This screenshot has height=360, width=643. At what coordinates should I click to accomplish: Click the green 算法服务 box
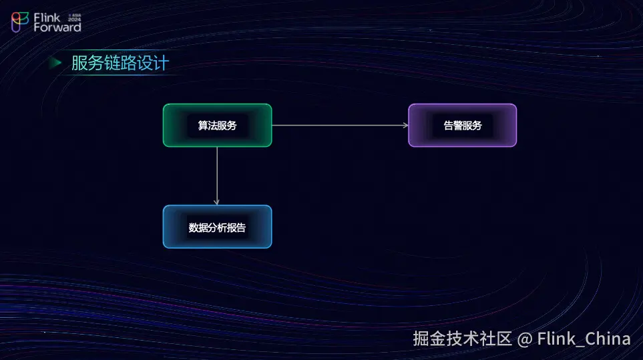217,125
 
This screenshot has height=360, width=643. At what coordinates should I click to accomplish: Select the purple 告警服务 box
462,125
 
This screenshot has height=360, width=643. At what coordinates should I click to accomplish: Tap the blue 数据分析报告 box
217,227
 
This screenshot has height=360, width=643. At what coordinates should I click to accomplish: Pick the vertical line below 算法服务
217,174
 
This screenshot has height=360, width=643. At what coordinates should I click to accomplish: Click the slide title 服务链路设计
120,63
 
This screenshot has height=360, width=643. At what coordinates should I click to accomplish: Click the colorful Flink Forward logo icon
20,21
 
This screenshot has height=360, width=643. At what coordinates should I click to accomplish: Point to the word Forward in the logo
57,27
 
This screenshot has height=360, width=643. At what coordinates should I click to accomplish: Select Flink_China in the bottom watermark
584,339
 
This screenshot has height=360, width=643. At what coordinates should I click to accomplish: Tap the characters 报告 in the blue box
236,228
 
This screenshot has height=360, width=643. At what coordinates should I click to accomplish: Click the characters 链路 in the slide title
120,63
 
